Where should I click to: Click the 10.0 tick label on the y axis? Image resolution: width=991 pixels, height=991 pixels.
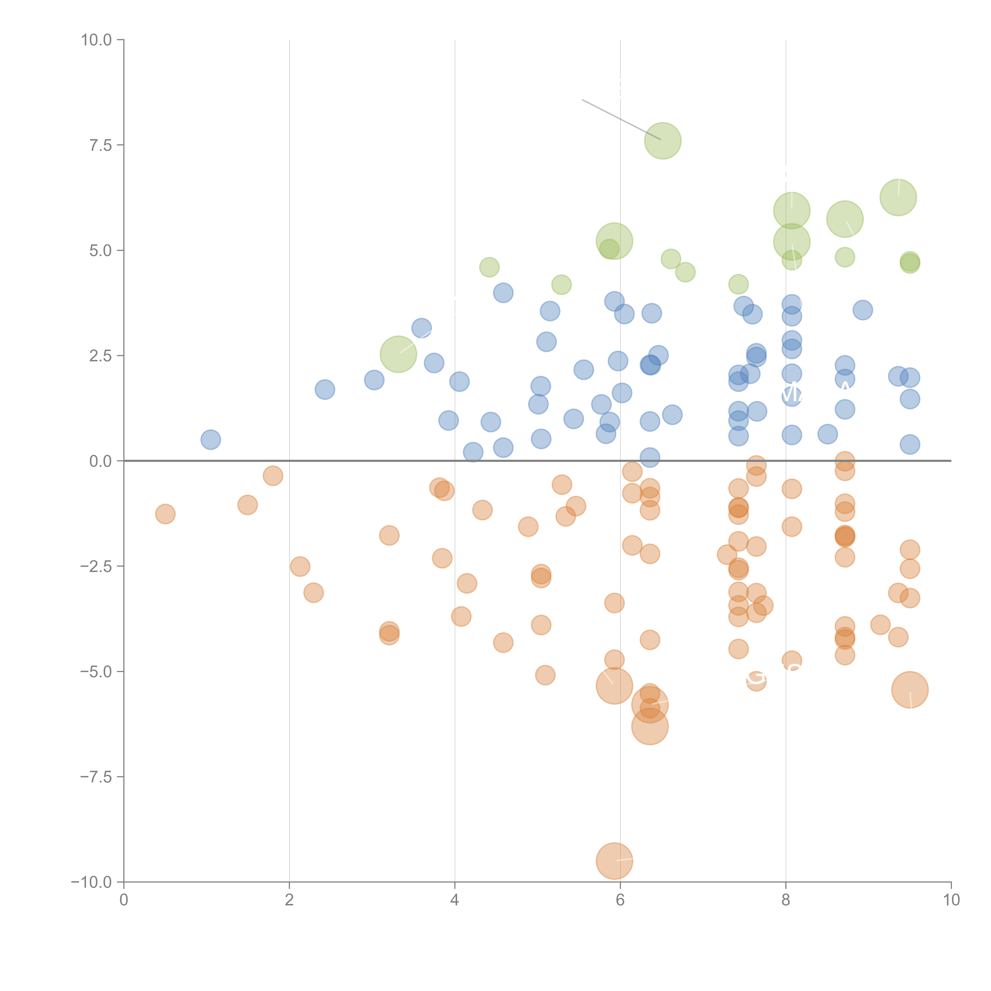(97, 40)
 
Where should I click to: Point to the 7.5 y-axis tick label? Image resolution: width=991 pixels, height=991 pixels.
(100, 145)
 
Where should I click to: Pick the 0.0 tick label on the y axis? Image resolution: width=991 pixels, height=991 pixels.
(100, 461)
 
